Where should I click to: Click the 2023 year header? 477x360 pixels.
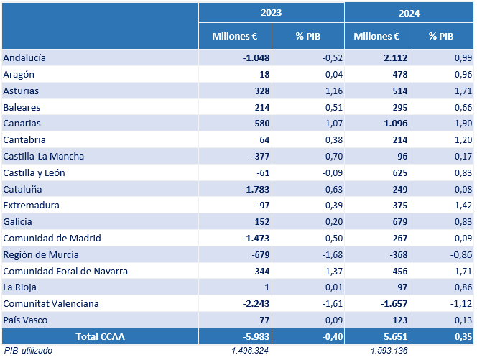pos(271,13)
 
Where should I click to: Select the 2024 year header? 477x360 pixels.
pos(409,14)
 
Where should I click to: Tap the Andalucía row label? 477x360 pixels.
pos(24,57)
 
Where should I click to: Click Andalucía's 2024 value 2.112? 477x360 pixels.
pos(395,57)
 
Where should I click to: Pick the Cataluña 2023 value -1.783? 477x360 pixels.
pos(256,189)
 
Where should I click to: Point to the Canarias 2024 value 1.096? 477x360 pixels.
pos(395,124)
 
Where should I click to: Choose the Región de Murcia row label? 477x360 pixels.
pos(41,254)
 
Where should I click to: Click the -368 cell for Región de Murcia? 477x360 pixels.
pos(398,254)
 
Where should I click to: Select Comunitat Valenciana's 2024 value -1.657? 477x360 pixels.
pos(394,304)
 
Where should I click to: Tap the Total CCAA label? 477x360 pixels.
pos(100,336)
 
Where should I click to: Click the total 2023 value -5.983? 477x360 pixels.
pos(256,336)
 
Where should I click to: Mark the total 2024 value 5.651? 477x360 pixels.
pos(395,336)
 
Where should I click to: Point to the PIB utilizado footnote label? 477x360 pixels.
pos(28,351)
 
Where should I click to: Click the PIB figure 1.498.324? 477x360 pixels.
pos(250,351)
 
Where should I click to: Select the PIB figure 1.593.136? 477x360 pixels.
pos(389,351)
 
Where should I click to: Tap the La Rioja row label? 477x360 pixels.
pos(19,287)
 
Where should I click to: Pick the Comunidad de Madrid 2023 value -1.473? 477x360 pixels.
pos(256,239)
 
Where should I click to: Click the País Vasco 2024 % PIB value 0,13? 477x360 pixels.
pos(463,320)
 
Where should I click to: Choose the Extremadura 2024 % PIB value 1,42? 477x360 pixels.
pos(463,205)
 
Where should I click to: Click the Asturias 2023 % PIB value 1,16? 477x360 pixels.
pos(334,91)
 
